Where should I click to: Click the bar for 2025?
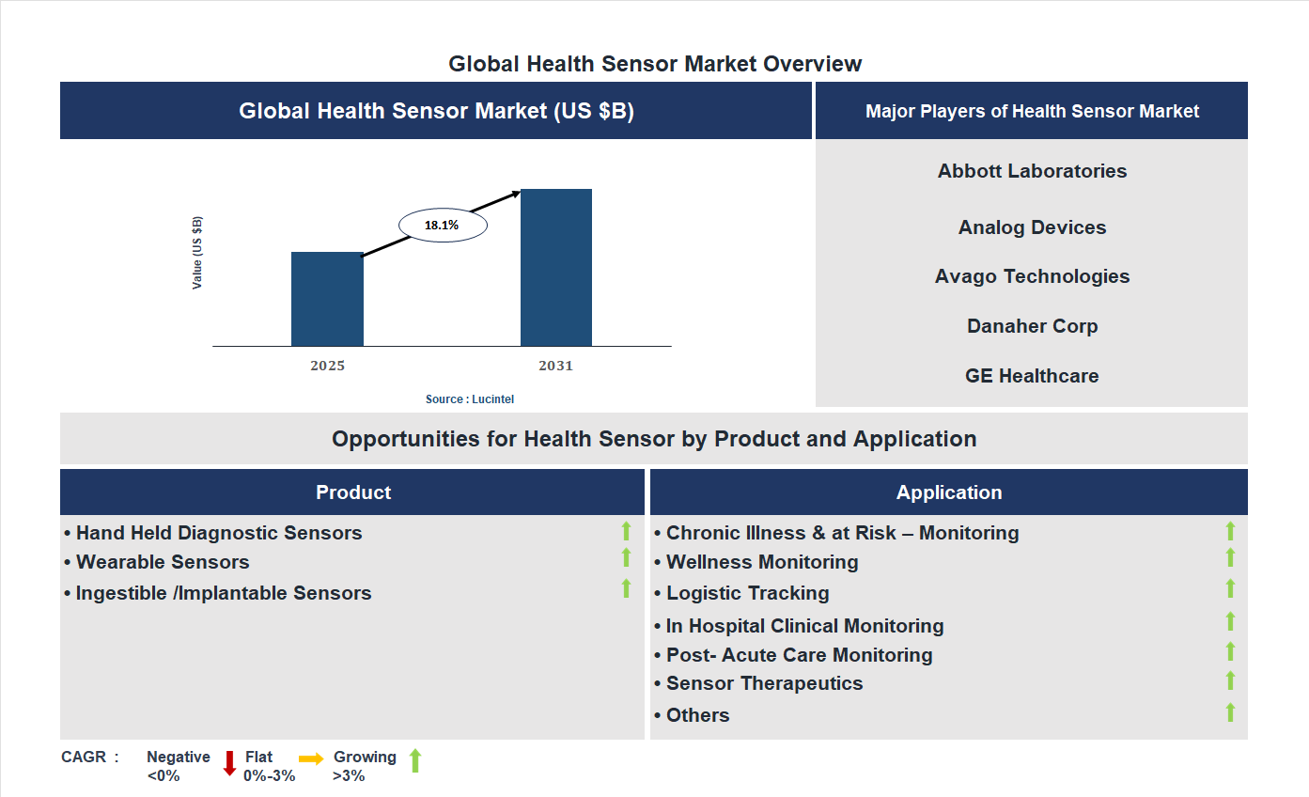coord(327,299)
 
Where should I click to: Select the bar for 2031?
coord(556,268)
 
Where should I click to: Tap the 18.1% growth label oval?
coord(443,226)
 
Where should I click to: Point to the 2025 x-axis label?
coord(327,366)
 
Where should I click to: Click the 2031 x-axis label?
coord(555,366)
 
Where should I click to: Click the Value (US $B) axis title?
coord(197,253)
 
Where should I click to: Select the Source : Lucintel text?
coord(470,399)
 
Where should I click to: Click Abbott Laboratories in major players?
coord(1032,171)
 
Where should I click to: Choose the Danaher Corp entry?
coord(1032,326)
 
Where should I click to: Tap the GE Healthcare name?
coord(1032,376)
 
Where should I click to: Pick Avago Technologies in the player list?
coord(1032,276)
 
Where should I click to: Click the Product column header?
coord(352,492)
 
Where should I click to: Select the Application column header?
coord(949,492)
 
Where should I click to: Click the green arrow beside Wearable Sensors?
coord(626,558)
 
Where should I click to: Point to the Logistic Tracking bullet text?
coord(747,593)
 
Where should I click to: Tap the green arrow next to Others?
coord(1230,712)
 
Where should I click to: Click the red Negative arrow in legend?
coord(228,763)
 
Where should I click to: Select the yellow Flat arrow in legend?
coord(311,758)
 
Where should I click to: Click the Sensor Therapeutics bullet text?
coord(764,683)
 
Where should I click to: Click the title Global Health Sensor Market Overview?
coord(655,64)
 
